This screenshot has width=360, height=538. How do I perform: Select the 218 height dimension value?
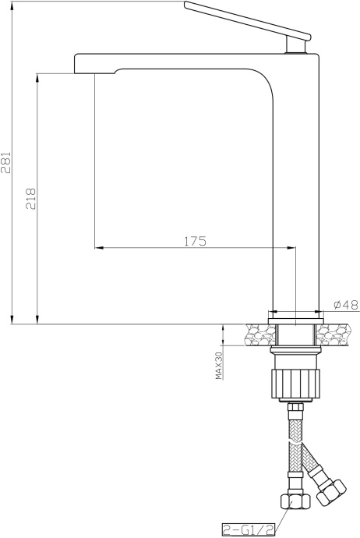click(31, 199)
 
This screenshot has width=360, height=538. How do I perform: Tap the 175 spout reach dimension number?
click(195, 241)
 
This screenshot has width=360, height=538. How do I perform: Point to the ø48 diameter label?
click(344, 305)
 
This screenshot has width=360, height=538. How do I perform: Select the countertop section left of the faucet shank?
click(256, 335)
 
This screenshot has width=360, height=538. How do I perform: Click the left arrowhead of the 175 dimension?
click(99, 249)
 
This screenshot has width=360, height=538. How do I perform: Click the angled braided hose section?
click(316, 464)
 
